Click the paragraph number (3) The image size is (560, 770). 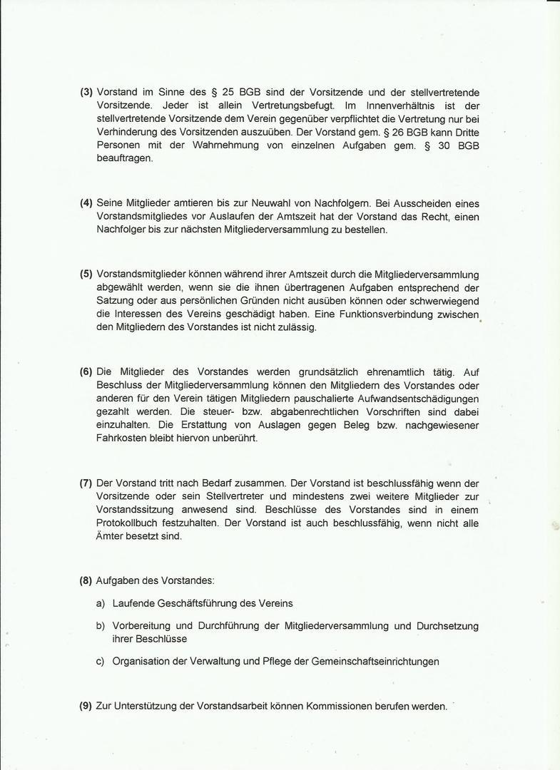86,93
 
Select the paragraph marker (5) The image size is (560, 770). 86,274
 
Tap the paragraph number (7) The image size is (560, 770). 86,483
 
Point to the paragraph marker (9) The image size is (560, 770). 86,707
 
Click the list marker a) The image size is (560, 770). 101,603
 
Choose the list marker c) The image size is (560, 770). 101,662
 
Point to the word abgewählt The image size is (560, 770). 120,288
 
